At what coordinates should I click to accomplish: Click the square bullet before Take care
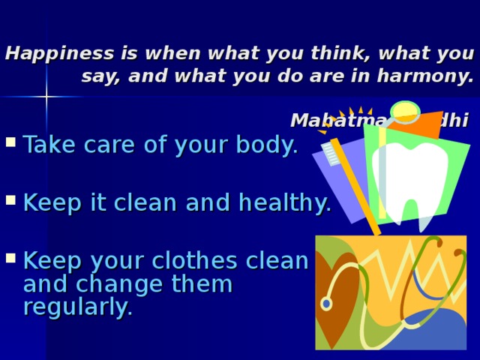coord(10,144)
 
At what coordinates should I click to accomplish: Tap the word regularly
coord(78,307)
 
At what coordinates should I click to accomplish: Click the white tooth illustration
coord(409,180)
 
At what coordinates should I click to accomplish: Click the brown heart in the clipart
coord(337,289)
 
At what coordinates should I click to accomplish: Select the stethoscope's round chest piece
coord(326,304)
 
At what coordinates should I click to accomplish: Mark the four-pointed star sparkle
coord(46,97)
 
